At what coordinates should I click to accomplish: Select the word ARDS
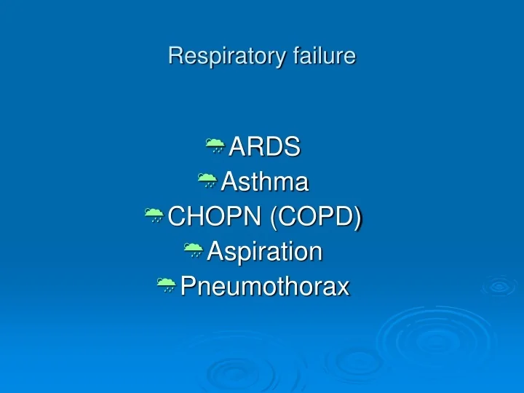point(264,147)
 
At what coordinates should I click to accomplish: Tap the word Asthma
point(264,182)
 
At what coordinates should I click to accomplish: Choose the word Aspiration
point(264,252)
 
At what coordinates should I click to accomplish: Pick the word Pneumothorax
point(265,287)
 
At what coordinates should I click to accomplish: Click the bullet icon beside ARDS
point(215,146)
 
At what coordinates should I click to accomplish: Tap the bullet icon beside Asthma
point(207,181)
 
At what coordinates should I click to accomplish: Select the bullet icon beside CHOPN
point(154,215)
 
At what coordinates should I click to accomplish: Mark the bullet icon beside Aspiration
point(193,251)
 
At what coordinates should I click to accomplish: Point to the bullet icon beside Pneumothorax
point(166,286)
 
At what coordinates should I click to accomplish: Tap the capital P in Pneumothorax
point(187,287)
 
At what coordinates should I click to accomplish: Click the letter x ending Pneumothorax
point(344,288)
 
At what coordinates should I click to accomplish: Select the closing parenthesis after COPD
point(359,217)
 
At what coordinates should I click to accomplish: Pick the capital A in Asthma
point(228,182)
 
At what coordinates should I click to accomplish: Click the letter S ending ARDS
point(293,147)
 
